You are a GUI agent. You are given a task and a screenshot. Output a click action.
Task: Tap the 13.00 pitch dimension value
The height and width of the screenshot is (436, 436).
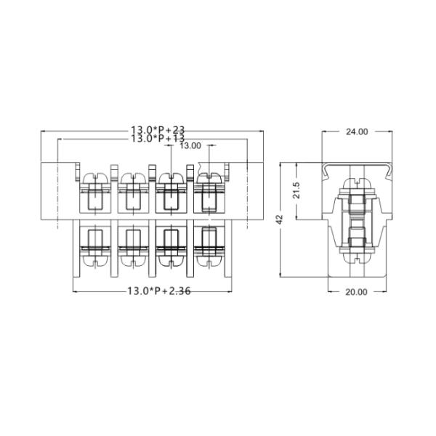point(190,145)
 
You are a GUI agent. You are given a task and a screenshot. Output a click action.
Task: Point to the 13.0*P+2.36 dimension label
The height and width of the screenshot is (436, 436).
point(158,291)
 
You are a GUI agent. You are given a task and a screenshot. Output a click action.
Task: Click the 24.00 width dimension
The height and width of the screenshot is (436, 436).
point(356,132)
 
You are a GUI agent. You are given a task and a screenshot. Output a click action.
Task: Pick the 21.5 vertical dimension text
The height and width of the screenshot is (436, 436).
point(296,191)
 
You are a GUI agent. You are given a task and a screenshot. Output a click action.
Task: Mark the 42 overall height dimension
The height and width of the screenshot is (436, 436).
point(280,220)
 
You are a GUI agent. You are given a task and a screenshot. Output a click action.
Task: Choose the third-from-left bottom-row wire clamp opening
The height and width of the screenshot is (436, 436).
point(170,237)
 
